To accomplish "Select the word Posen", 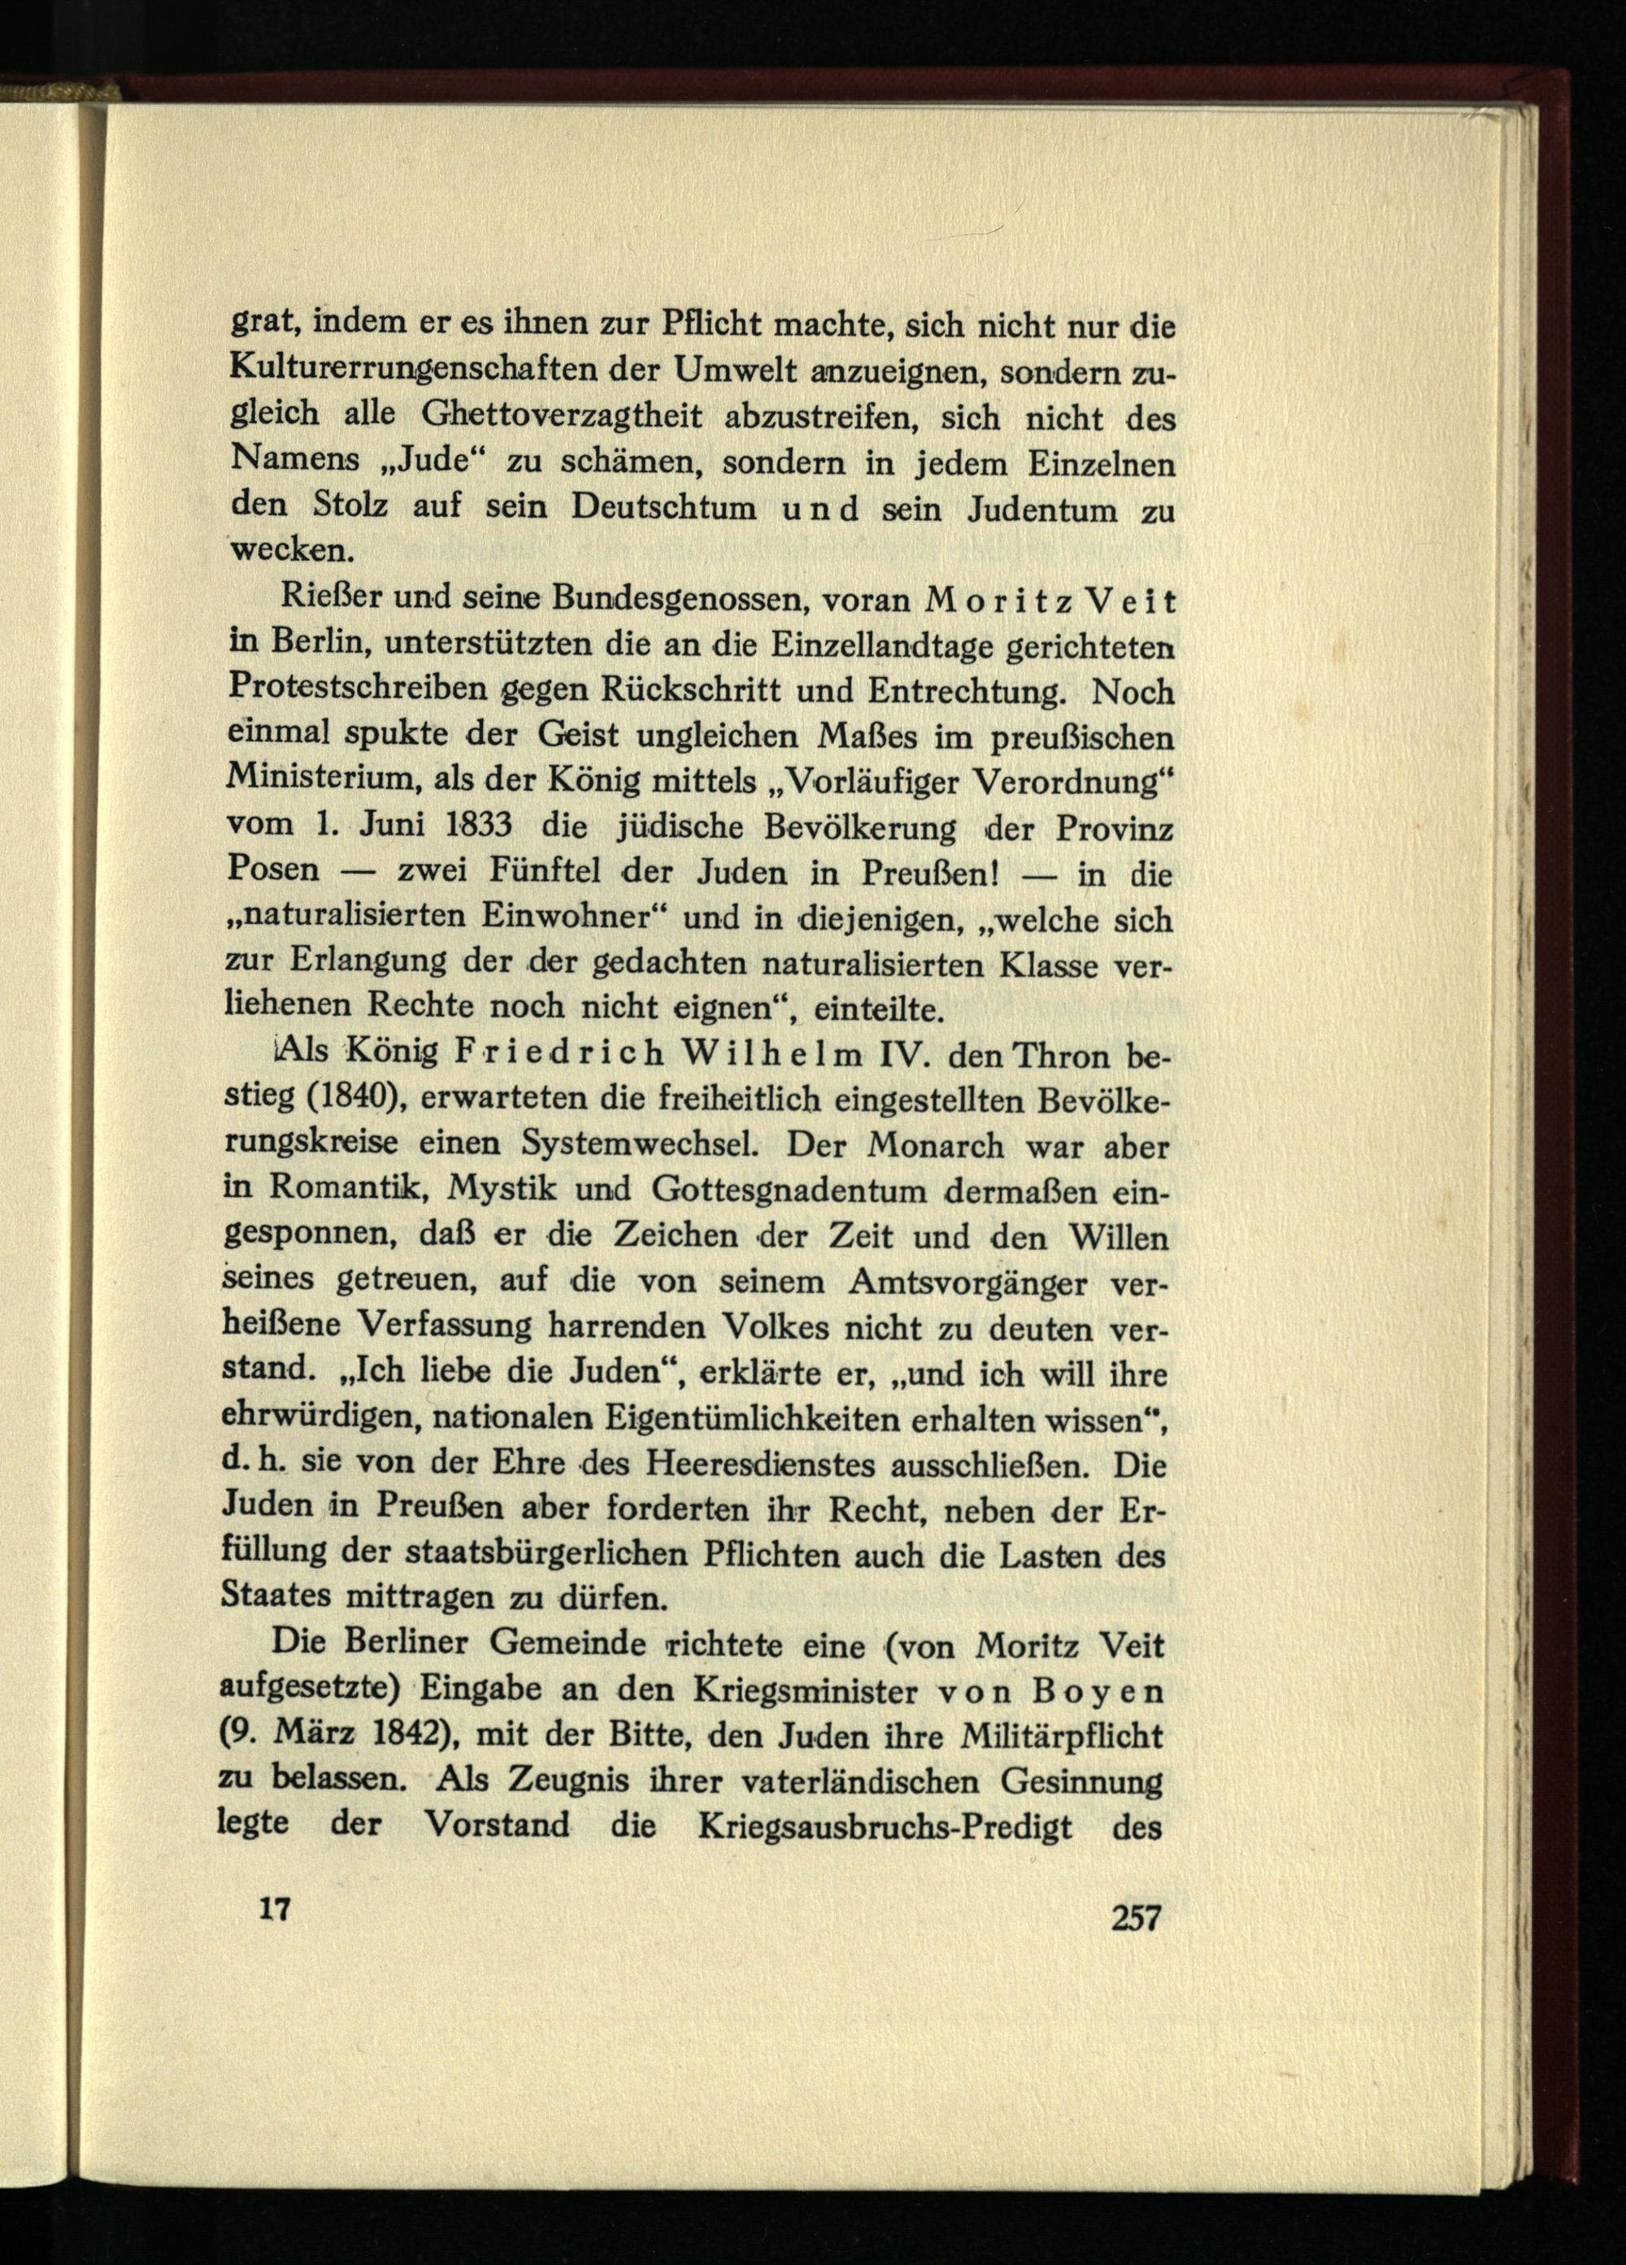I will (275, 871).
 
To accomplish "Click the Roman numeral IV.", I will (900, 1055).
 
